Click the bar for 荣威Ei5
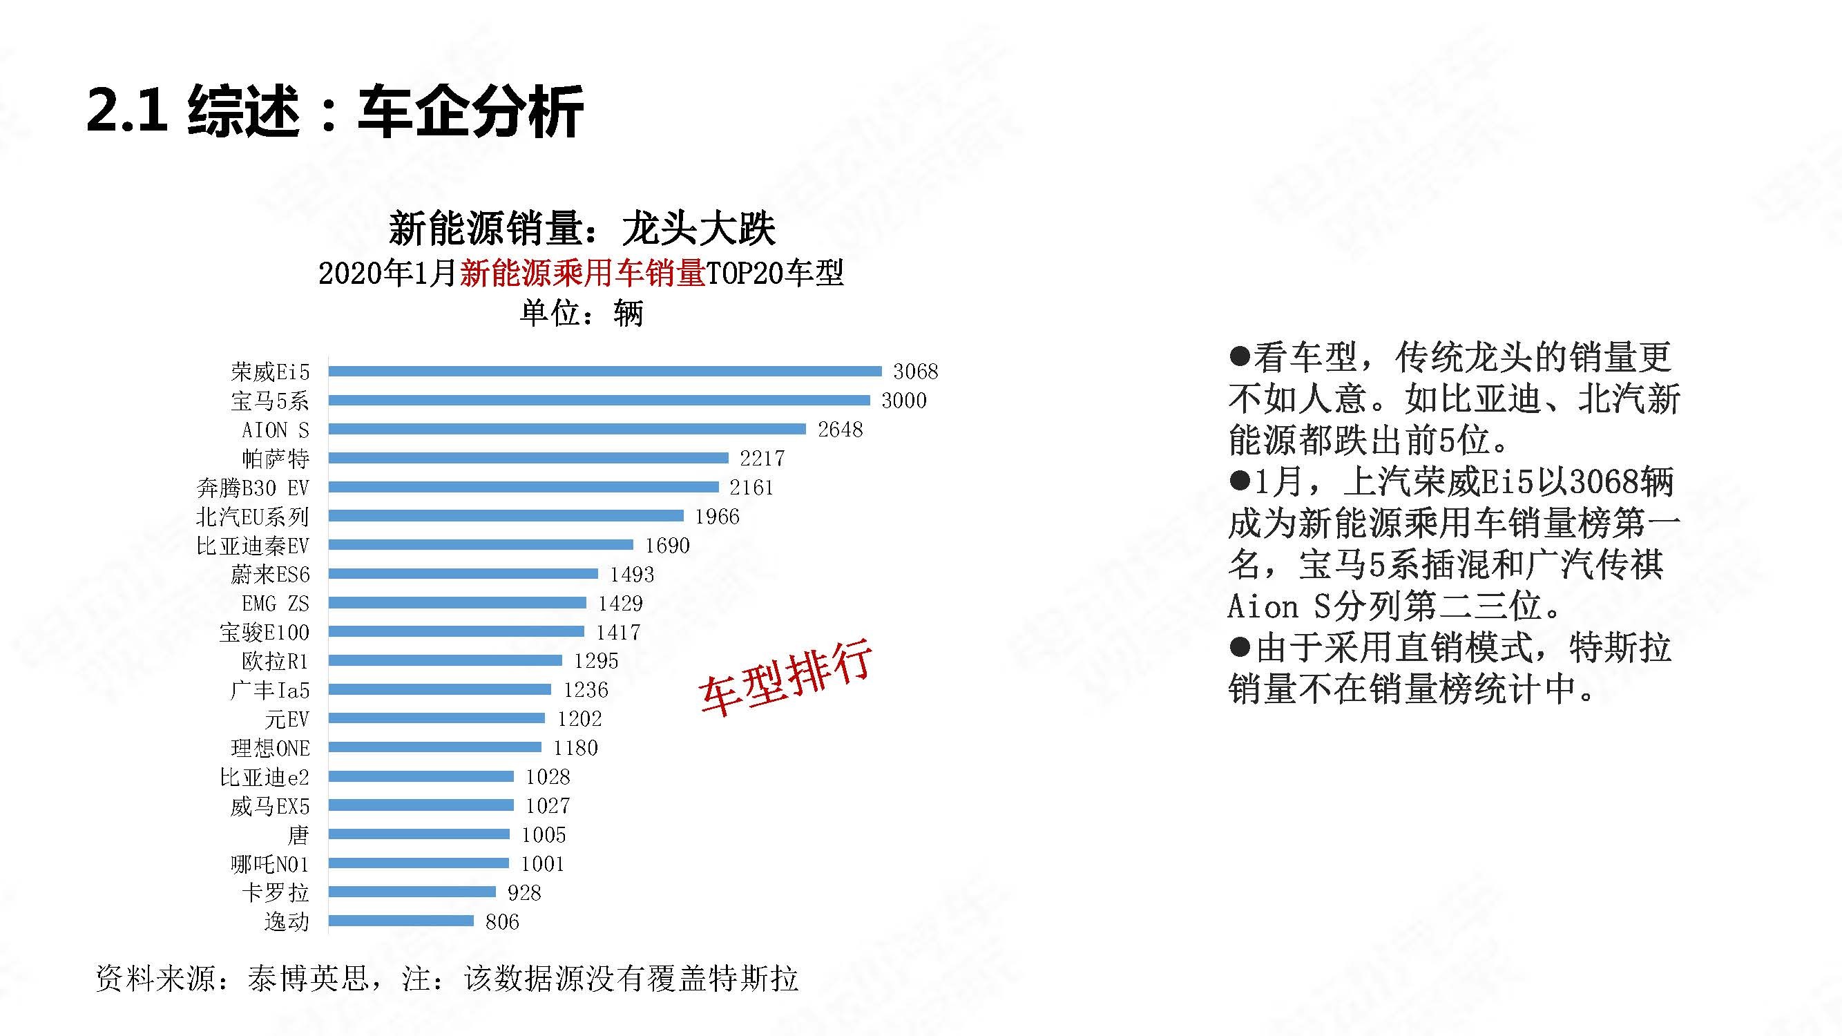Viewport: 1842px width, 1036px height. point(605,371)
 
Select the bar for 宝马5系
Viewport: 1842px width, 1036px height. point(599,401)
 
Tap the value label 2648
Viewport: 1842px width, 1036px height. point(841,430)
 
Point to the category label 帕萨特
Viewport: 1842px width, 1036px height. point(276,459)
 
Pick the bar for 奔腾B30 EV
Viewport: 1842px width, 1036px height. point(524,487)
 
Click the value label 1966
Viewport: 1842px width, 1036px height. point(717,516)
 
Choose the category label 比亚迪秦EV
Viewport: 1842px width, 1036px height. point(252,546)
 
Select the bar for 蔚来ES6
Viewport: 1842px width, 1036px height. point(463,573)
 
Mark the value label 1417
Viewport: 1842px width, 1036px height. point(618,632)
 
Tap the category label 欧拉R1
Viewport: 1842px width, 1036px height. point(276,662)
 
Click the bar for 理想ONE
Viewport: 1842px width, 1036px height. point(434,747)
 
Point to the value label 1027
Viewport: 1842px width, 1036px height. point(548,806)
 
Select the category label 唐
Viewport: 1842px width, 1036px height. point(298,834)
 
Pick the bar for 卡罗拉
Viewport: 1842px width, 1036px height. point(412,892)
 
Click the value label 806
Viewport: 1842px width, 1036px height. point(502,921)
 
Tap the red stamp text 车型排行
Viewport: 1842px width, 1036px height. point(785,675)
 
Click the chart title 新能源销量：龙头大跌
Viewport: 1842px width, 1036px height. point(582,229)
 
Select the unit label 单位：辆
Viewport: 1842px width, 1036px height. point(582,313)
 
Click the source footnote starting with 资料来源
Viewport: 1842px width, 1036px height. point(447,979)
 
